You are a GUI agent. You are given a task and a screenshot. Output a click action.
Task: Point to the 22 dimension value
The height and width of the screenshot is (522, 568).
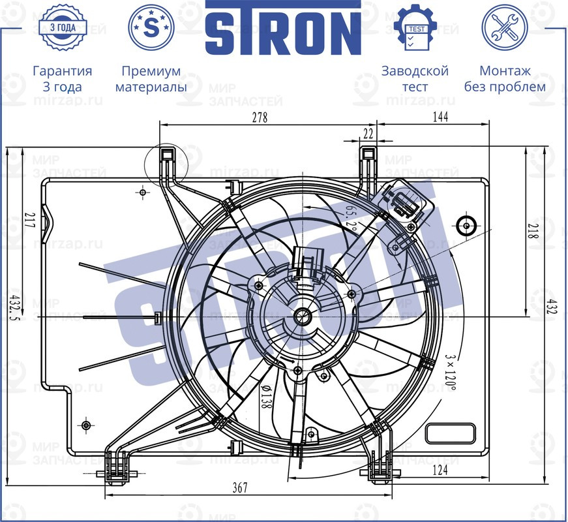(368, 133)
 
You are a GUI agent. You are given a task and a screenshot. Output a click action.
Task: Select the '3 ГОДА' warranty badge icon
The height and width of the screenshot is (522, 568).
(62, 27)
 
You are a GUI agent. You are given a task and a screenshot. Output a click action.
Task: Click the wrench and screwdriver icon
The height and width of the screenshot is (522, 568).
(505, 27)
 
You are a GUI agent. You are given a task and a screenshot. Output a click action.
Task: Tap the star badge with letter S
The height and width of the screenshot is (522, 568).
(151, 27)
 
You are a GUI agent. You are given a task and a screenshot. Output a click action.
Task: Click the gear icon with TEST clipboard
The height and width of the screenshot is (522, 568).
(415, 27)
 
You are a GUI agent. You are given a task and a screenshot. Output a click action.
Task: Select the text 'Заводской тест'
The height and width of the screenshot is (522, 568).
(415, 78)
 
